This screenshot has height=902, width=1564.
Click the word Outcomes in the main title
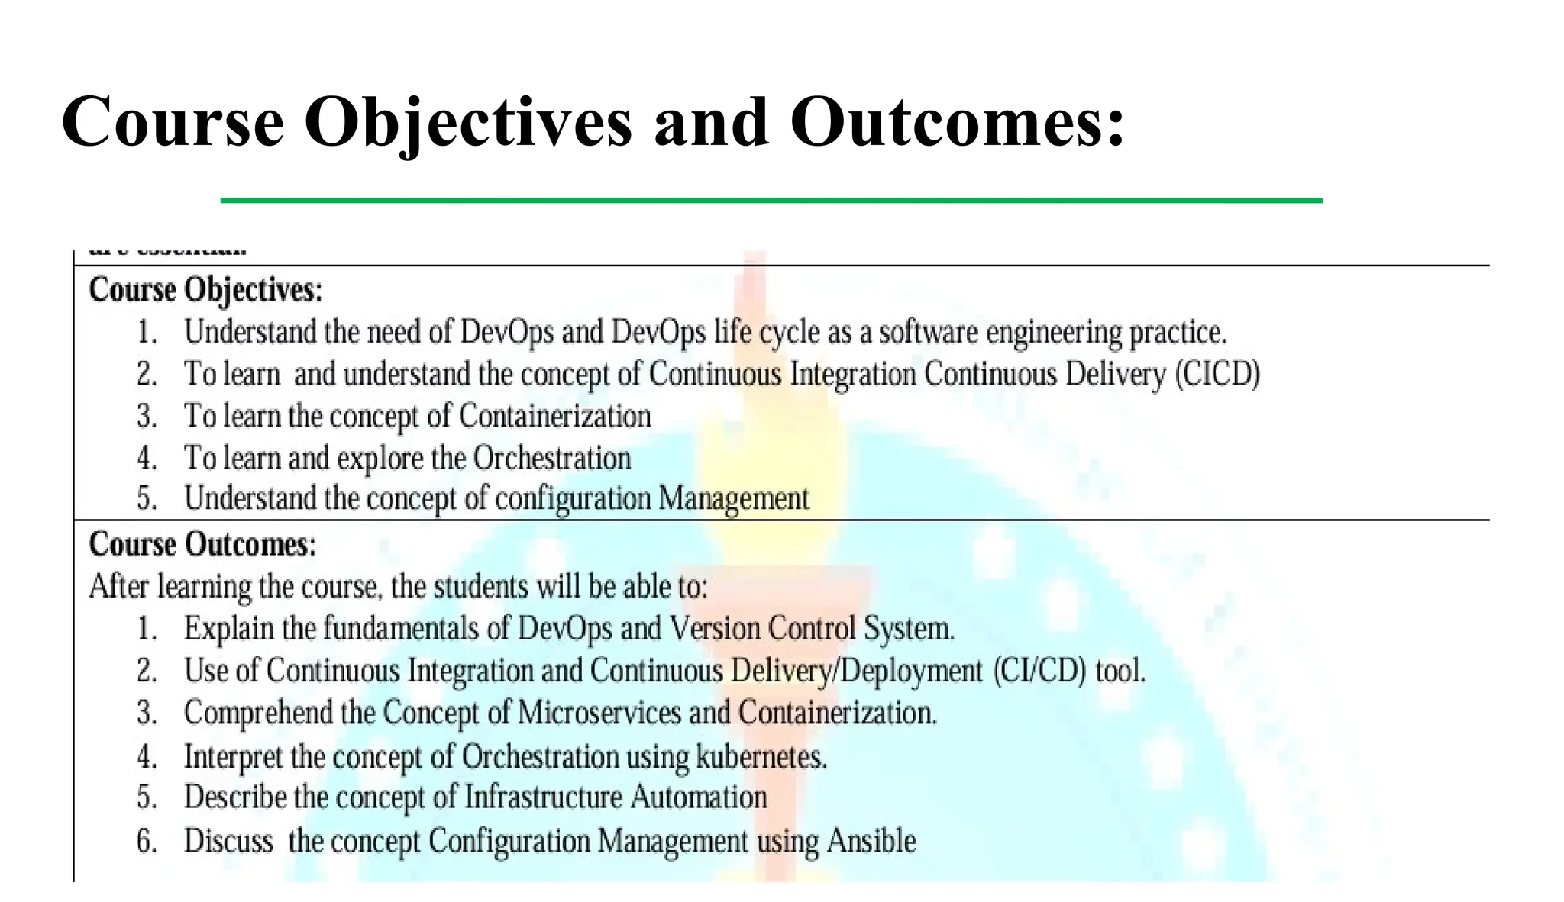click(x=957, y=122)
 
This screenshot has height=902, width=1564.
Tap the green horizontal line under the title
click(x=771, y=201)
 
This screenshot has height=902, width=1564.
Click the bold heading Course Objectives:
click(x=205, y=291)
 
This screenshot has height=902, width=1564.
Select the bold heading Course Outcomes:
click(x=202, y=545)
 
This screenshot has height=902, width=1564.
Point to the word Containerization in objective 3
click(x=555, y=417)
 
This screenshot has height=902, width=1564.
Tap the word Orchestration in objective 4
click(x=552, y=459)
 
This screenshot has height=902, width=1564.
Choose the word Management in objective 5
click(x=733, y=499)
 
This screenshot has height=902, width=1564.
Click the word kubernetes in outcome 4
click(x=761, y=757)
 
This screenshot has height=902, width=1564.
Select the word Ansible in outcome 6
click(x=871, y=841)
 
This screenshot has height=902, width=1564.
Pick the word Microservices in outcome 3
click(x=599, y=713)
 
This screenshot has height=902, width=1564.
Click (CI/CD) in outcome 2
click(x=1039, y=671)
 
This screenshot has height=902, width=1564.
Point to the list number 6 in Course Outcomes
click(x=146, y=841)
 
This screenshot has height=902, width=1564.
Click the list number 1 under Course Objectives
click(x=146, y=333)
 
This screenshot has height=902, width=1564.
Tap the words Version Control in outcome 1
click(x=762, y=629)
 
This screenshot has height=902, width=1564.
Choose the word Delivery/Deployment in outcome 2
click(x=856, y=671)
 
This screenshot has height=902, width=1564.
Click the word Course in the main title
click(x=173, y=122)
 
